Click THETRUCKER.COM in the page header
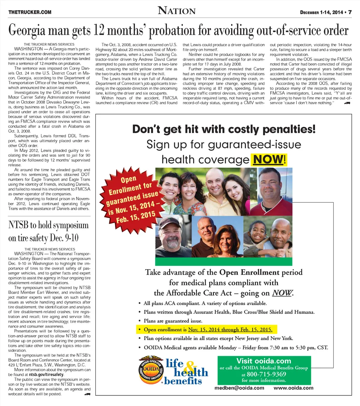(30, 12)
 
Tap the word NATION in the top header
(177, 11)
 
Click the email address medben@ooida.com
(239, 388)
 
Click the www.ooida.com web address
(293, 388)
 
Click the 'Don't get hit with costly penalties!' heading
(224, 129)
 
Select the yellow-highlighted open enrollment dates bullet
(207, 330)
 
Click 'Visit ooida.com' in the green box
(264, 361)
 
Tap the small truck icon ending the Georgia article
(347, 103)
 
